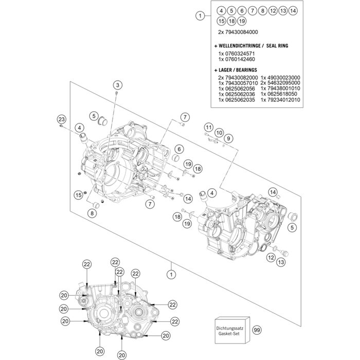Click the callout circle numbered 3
118,85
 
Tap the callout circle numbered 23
61,119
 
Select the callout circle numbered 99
257,330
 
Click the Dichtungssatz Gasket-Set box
232,330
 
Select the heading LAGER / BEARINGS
236,70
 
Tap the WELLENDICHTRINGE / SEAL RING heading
251,46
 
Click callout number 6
179,149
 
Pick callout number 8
92,213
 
